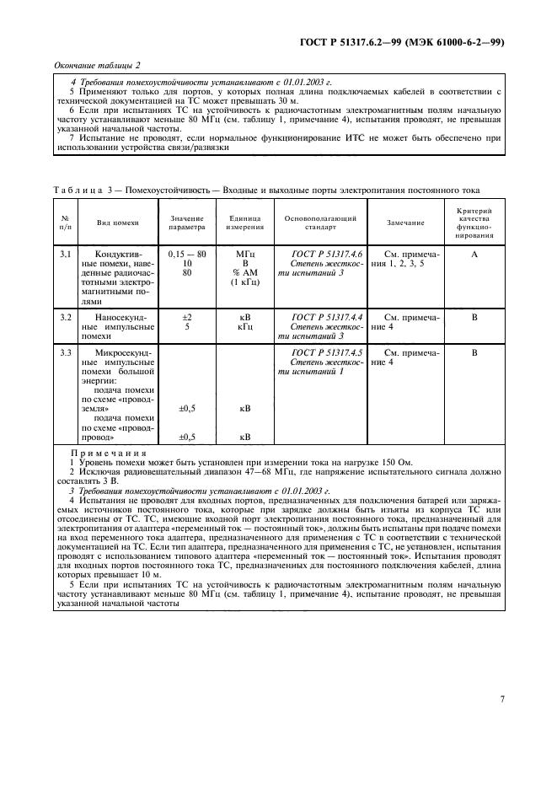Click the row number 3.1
66,254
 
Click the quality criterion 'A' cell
474,254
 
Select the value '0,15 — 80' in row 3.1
186,254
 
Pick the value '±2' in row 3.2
186,317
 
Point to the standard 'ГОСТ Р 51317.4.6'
326,254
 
